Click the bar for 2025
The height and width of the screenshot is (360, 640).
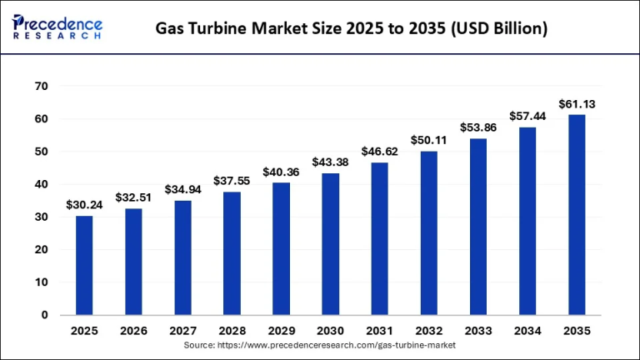click(84, 265)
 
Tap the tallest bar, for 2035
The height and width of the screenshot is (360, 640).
click(577, 214)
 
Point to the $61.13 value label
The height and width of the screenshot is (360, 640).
click(577, 104)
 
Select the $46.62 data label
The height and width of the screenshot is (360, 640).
click(379, 152)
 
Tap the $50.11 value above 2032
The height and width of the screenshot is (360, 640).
click(428, 140)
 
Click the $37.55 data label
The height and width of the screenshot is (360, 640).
click(232, 181)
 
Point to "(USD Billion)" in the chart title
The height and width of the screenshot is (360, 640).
click(497, 29)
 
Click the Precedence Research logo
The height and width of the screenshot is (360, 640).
click(57, 27)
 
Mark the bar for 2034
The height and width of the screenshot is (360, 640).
click(527, 221)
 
